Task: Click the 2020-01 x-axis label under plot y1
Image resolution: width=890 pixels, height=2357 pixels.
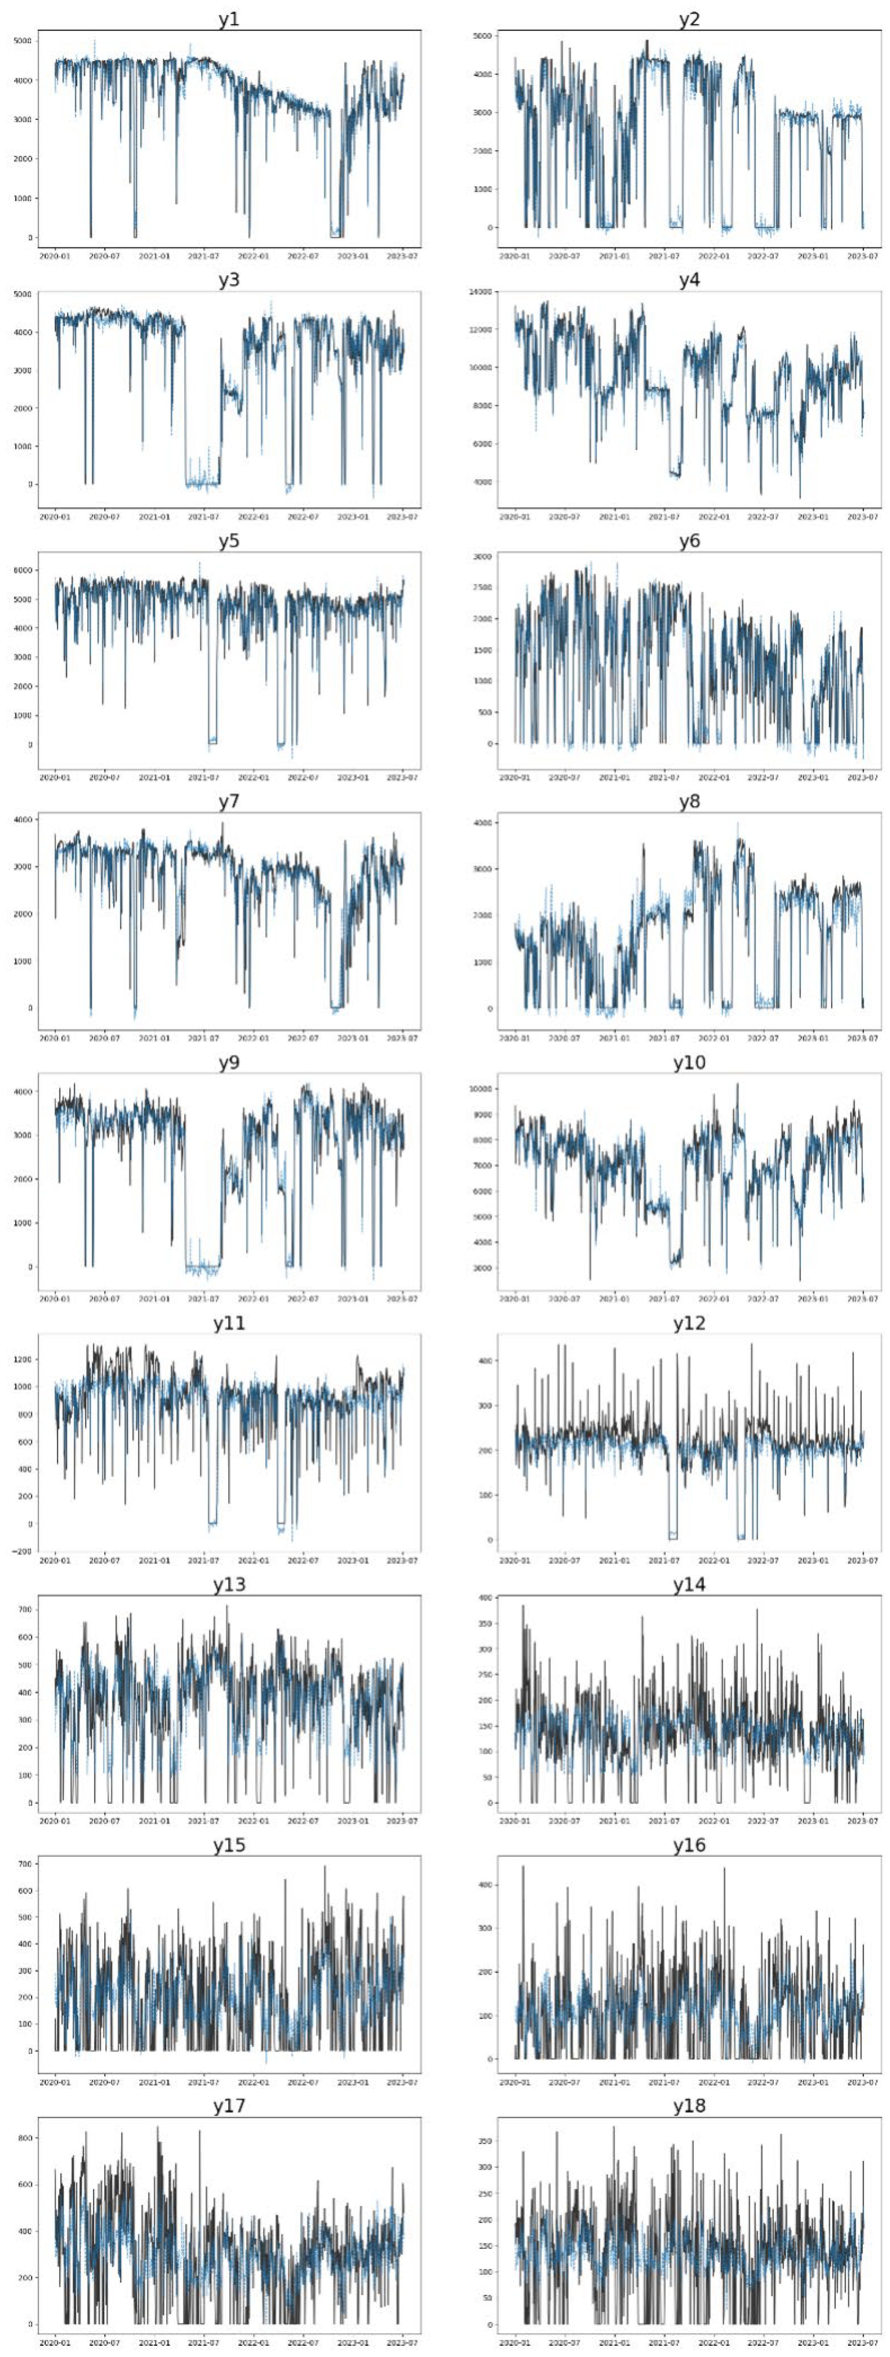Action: click(55, 256)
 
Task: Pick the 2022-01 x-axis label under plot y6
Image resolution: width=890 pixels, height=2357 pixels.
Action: click(713, 778)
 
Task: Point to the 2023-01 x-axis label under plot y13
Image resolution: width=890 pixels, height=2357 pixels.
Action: click(353, 1821)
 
